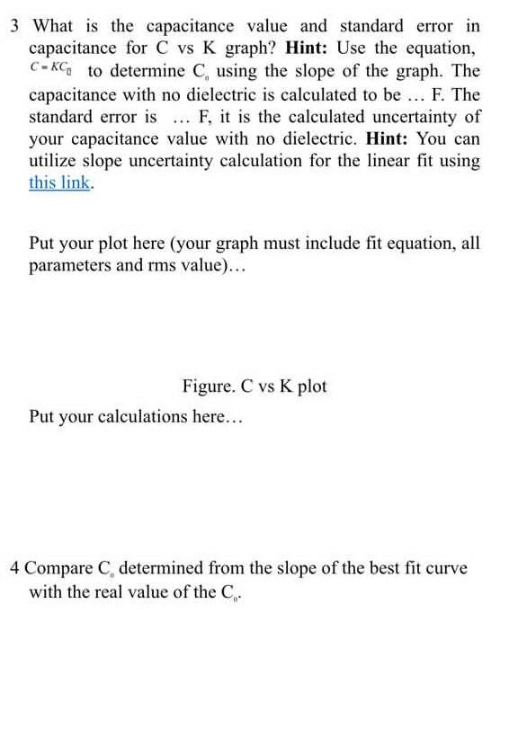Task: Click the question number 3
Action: click(14, 25)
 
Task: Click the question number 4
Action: click(15, 568)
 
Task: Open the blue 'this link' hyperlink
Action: click(59, 182)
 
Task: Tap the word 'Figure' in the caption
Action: click(207, 386)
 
